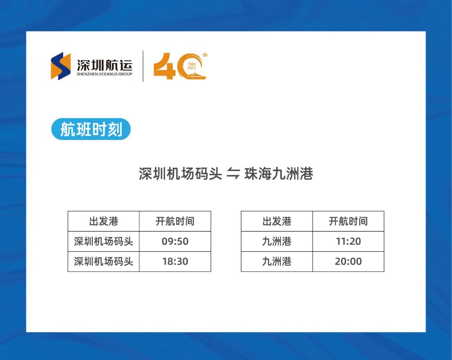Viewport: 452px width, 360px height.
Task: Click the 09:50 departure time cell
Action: pyautogui.click(x=175, y=241)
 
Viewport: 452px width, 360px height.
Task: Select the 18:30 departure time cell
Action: pyautogui.click(x=175, y=261)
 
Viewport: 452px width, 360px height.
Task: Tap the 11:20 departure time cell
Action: pyautogui.click(x=348, y=241)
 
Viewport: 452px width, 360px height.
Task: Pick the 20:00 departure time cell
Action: pyautogui.click(x=348, y=261)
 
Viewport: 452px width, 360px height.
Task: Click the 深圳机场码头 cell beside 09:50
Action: pyautogui.click(x=103, y=241)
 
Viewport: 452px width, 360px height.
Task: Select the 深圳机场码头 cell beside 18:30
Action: pyautogui.click(x=103, y=261)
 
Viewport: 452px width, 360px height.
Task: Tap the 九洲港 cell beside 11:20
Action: pyautogui.click(x=277, y=241)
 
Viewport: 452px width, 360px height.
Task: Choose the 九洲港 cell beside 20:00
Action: pyautogui.click(x=277, y=261)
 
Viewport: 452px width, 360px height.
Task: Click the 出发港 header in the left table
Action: pyautogui.click(x=103, y=221)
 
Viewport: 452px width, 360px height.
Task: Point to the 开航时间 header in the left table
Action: pyautogui.click(x=175, y=221)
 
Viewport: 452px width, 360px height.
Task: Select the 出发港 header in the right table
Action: pyautogui.click(x=277, y=221)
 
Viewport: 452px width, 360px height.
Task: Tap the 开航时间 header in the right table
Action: pyautogui.click(x=348, y=221)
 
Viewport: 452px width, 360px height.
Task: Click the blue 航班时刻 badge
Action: pyautogui.click(x=91, y=129)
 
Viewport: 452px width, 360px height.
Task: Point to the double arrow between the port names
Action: pyautogui.click(x=233, y=174)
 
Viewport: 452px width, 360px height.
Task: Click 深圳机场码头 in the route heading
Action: pyautogui.click(x=180, y=174)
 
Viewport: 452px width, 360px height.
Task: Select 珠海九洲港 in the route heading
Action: pyautogui.click(x=278, y=174)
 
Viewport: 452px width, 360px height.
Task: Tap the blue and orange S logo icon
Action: pyautogui.click(x=61, y=66)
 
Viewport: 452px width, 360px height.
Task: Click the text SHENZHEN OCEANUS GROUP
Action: pyautogui.click(x=104, y=74)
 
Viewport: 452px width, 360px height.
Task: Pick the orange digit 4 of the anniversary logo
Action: pyautogui.click(x=164, y=66)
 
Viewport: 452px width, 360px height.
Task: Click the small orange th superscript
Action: pyautogui.click(x=205, y=55)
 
